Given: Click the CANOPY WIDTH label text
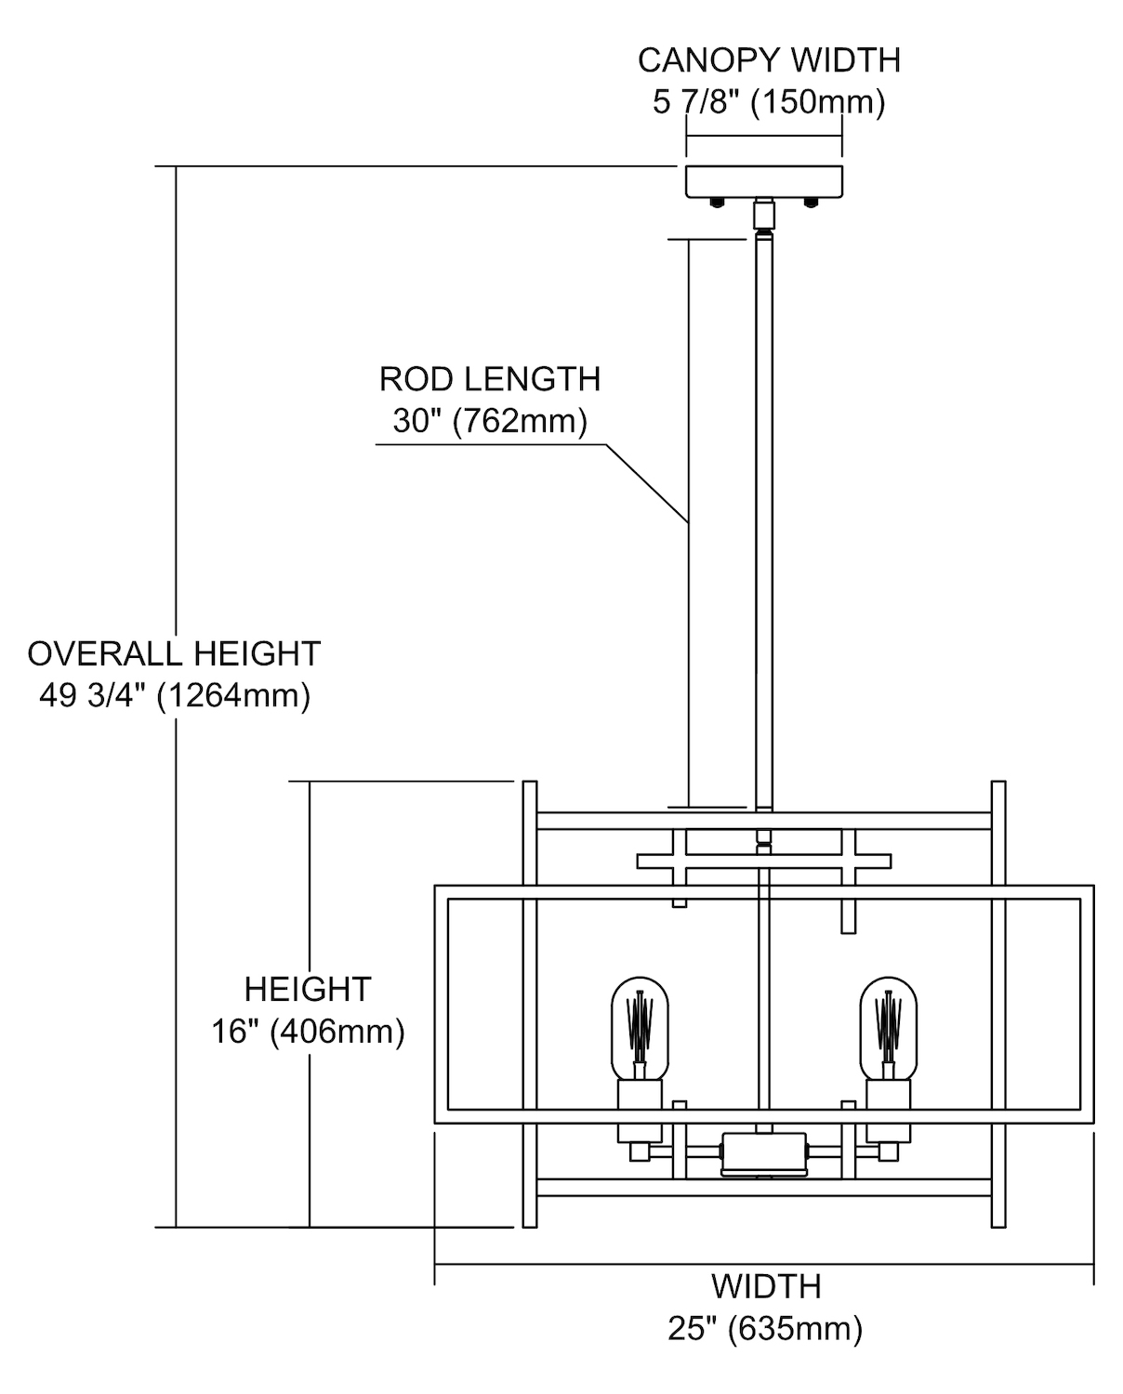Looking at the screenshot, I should click(x=769, y=60).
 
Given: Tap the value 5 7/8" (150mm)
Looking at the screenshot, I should click(x=769, y=102).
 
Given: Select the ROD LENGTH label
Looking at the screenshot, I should click(x=490, y=379).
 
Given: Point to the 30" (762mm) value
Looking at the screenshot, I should click(x=490, y=421).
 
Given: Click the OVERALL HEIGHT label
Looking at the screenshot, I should click(x=174, y=653).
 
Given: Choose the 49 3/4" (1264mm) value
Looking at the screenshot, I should click(x=174, y=695).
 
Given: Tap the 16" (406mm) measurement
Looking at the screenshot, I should click(x=308, y=1032).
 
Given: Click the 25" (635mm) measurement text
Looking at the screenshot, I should click(x=765, y=1329).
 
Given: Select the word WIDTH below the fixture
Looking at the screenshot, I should click(x=766, y=1287).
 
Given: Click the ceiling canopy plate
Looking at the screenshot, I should click(x=764, y=181).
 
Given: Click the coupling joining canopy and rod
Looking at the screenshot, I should click(x=764, y=215).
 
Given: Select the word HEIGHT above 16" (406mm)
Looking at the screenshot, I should click(x=308, y=989).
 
